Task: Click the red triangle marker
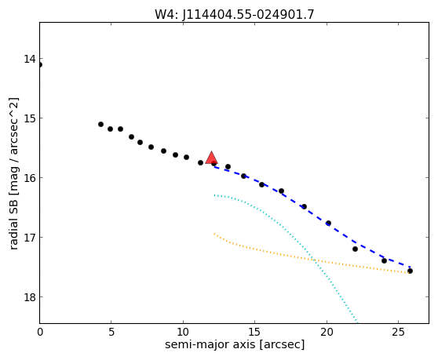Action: coord(211,158)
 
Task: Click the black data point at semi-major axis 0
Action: coord(40,65)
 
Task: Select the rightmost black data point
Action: coord(410,271)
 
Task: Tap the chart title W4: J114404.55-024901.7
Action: coord(235,15)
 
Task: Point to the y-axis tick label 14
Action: coord(30,59)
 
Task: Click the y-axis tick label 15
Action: coord(30,118)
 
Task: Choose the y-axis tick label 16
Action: coord(30,178)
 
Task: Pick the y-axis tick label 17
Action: coord(30,238)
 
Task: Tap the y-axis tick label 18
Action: coord(30,297)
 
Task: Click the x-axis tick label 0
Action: coord(40,332)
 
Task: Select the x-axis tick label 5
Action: coord(111,332)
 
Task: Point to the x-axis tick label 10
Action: coord(183,332)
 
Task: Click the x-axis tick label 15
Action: coord(255,332)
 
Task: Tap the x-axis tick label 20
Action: coord(327,332)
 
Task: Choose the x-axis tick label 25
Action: coord(398,332)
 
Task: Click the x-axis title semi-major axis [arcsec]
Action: coord(235,344)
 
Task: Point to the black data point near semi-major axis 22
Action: coord(355,249)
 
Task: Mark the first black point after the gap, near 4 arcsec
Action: coord(100,124)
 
